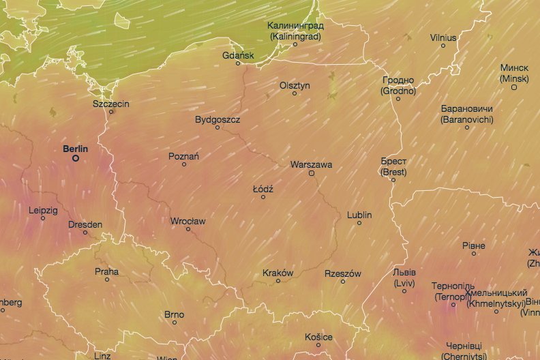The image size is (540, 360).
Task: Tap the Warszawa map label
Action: (311, 164)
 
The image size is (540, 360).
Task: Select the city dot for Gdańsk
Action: (238, 63)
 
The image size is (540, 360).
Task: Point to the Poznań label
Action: (184, 156)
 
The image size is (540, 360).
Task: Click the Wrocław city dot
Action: (188, 229)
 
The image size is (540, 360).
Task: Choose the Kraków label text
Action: (277, 273)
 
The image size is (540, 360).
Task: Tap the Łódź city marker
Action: (263, 197)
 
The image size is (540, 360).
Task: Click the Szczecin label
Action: (111, 104)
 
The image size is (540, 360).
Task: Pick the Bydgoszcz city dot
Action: (217, 127)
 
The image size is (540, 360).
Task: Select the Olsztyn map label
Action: (295, 85)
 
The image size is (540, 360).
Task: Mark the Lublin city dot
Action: (359, 223)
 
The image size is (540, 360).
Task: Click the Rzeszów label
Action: (342, 273)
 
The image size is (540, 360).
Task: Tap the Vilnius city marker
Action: (443, 46)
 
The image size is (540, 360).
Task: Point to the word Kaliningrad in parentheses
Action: (295, 35)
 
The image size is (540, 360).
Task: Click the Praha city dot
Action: (107, 280)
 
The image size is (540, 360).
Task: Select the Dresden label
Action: (85, 224)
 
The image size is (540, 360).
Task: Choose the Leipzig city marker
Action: (43, 218)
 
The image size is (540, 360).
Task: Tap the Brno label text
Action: (174, 314)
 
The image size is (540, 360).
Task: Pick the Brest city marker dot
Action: (393, 180)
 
